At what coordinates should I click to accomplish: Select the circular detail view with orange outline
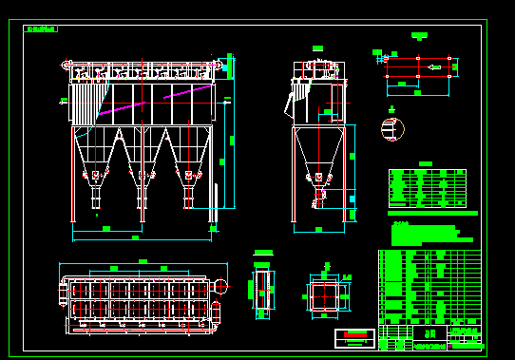pos(392,129)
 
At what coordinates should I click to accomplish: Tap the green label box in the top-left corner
pos(41,28)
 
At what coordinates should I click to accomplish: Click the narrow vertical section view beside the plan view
pos(262,290)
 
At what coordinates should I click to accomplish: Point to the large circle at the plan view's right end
pos(220,286)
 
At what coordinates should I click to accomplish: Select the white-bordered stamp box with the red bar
pos(354,338)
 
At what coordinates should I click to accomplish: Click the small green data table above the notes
pos(427,188)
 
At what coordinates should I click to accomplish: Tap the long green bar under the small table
pos(432,213)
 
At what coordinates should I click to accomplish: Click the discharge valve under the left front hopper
pos(96,197)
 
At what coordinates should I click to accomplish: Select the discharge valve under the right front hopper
pos(188,197)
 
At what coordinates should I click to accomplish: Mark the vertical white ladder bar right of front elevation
pos(217,203)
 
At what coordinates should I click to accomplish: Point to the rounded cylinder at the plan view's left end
pos(65,294)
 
